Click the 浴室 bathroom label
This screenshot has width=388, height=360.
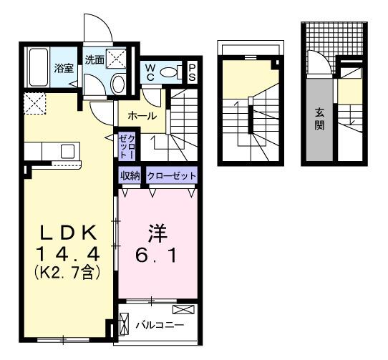point(64,69)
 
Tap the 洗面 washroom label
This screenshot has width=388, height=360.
point(94,60)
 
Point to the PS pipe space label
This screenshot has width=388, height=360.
point(193,72)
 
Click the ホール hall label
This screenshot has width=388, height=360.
point(142,115)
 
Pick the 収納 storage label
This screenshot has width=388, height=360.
point(130,175)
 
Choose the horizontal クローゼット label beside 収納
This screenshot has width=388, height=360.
point(170,175)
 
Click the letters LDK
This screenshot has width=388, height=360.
point(69,234)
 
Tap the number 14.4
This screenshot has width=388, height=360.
point(69,253)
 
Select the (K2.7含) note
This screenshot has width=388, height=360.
point(69,271)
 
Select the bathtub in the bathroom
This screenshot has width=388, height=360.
point(39,68)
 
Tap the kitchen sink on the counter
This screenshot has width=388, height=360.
point(67,150)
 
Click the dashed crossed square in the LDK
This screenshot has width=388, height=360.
point(34,104)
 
